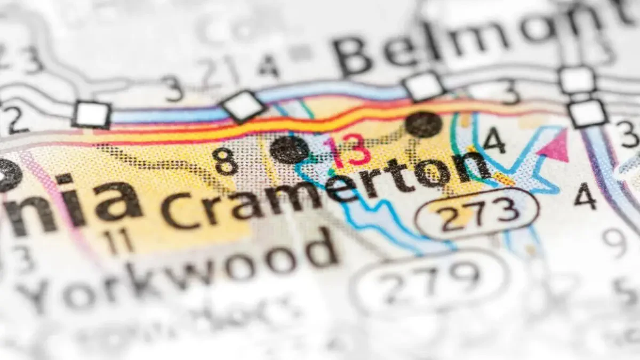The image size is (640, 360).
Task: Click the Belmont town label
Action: (x=469, y=40)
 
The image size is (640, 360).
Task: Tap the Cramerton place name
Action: (x=325, y=187)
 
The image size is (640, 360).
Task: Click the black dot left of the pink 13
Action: (x=289, y=150)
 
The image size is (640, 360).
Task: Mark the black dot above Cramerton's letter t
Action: (x=423, y=124)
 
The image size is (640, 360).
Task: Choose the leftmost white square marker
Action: (x=92, y=114)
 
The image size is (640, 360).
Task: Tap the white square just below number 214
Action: (x=243, y=106)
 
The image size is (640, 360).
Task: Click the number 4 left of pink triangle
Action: (x=494, y=140)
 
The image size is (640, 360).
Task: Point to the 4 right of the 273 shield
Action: (x=585, y=196)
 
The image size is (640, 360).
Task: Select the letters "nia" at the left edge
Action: (x=69, y=200)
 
